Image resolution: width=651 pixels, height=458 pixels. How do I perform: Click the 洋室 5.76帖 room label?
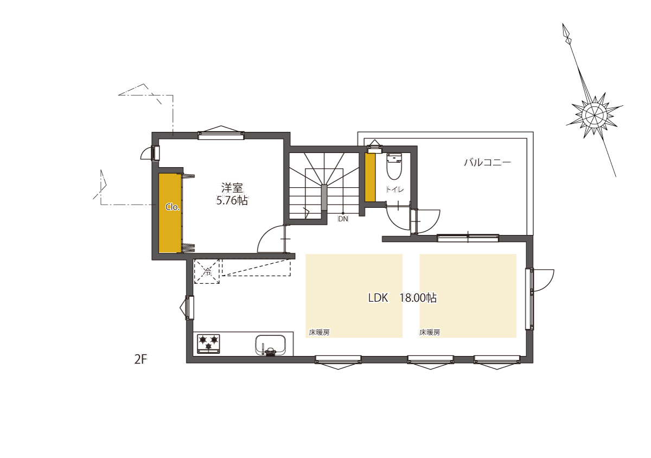(232, 194)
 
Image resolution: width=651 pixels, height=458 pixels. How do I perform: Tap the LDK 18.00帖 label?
(402, 298)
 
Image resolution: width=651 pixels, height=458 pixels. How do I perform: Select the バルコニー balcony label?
(487, 162)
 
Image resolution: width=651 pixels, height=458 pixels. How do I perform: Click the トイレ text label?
(395, 189)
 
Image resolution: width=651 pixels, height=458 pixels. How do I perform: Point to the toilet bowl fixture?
(394, 167)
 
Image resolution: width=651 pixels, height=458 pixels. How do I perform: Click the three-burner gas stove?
(208, 343)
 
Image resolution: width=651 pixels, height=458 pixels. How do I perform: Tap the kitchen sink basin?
(270, 345)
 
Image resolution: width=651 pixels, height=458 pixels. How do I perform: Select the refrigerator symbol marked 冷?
(207, 272)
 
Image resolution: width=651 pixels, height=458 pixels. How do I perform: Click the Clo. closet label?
(173, 207)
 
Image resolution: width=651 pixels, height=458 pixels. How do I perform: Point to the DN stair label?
(343, 219)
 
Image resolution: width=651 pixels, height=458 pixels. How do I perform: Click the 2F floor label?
(141, 360)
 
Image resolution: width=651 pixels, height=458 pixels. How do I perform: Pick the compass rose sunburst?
(595, 116)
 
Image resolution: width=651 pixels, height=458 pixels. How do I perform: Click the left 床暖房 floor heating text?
(319, 333)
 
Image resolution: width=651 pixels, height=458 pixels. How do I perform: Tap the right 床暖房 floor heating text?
(430, 333)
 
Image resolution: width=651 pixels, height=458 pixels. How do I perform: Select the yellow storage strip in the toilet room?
(370, 177)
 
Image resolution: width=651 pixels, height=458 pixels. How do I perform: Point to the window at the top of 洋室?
(221, 135)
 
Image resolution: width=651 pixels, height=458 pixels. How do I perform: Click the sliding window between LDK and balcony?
(468, 238)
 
